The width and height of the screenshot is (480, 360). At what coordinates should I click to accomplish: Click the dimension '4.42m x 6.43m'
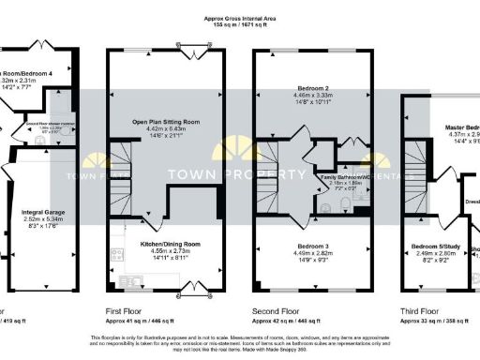[x=165, y=129]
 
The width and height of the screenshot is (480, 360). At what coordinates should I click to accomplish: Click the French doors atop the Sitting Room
[x=189, y=46]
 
